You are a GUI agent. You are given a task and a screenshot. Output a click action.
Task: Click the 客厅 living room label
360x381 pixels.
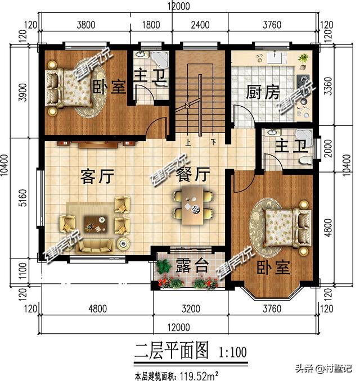pos(97,176)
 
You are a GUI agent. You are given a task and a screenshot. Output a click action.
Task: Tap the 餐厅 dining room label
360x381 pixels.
pos(192,175)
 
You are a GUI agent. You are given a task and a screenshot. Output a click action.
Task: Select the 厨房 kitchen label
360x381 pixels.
pos(263,92)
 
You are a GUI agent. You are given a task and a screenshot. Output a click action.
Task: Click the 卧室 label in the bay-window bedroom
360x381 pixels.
pos(274,267)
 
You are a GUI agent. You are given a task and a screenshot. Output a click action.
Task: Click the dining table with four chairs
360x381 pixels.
pos(193,205)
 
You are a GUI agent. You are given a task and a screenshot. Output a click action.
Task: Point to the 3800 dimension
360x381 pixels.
pos(85,24)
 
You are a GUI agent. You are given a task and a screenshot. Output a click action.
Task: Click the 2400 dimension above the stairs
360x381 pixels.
pos(200,24)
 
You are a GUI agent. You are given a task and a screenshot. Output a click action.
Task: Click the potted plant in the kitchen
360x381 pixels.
pos(303,58)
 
